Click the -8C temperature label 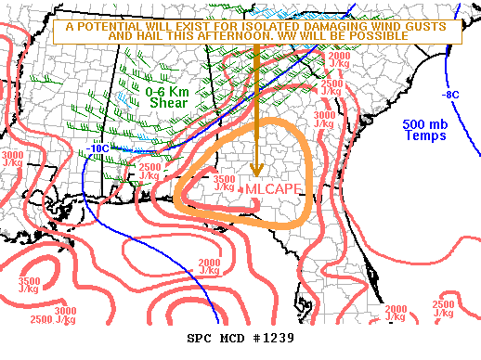click(x=451, y=95)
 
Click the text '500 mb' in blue click(x=426, y=124)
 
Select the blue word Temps click(x=426, y=135)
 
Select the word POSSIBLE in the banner click(x=376, y=35)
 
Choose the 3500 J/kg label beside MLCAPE click(x=224, y=183)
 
